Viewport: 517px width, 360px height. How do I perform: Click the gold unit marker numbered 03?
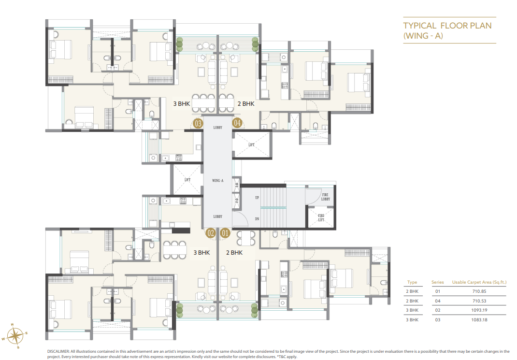[x=198, y=123]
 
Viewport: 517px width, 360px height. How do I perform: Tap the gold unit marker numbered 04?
[x=237, y=123]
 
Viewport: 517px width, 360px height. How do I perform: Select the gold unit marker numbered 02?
[x=211, y=233]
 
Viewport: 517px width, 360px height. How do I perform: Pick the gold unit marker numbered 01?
[x=225, y=233]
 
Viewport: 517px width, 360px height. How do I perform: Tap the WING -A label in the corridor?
[x=217, y=180]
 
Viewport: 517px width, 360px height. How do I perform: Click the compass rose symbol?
[x=15, y=334]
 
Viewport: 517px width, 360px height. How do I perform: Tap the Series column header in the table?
[x=437, y=282]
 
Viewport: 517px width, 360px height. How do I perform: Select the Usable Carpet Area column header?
[x=479, y=282]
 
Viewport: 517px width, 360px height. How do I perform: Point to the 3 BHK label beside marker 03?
[x=182, y=103]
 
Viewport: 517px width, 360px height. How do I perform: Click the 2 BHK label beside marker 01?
[x=234, y=252]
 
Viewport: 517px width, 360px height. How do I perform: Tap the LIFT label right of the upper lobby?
[x=252, y=144]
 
